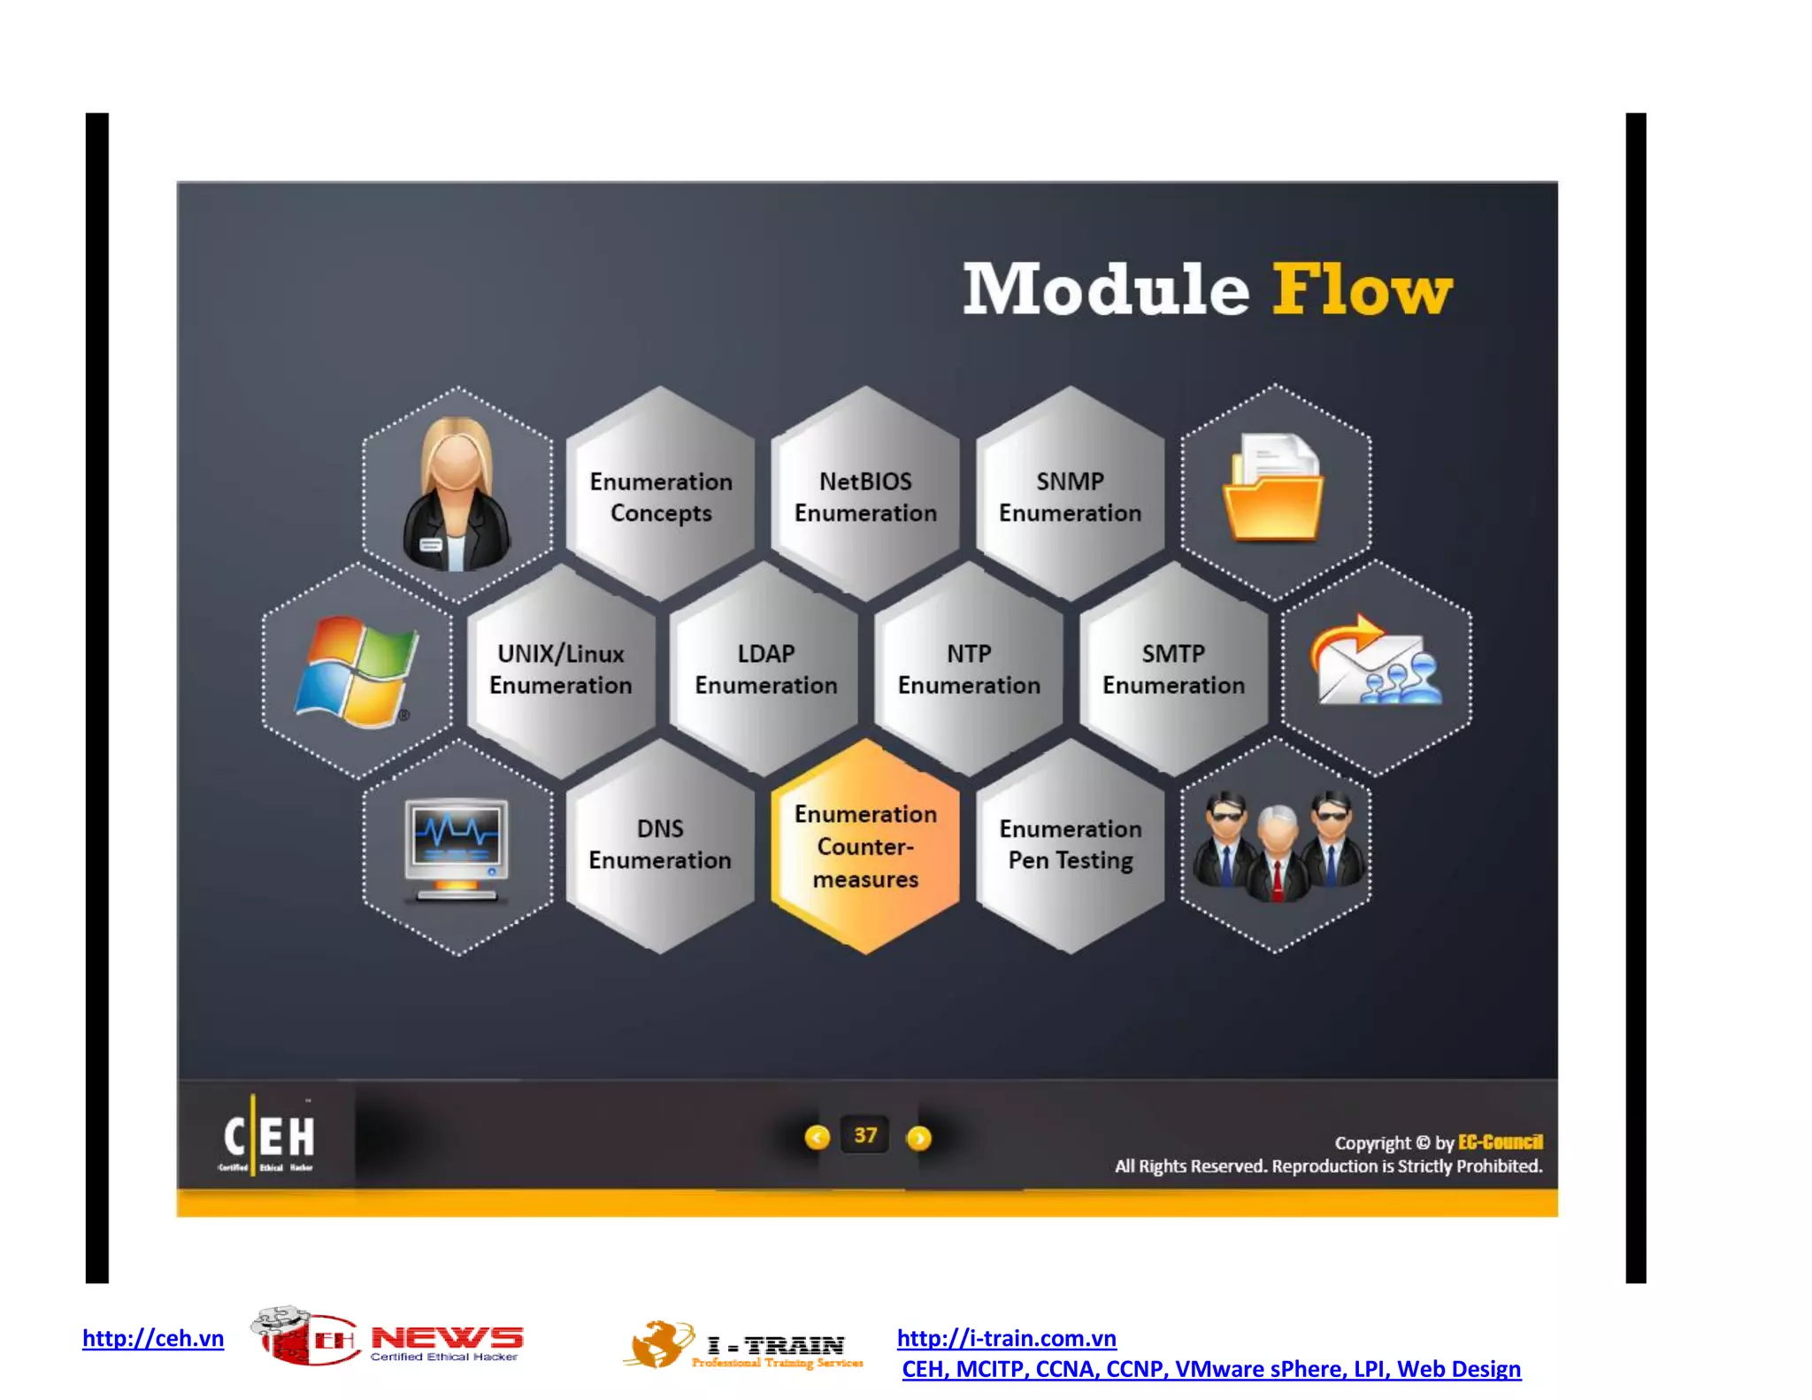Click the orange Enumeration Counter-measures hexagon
coord(865,847)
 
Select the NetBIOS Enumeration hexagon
coord(865,496)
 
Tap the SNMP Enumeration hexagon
coord(1070,496)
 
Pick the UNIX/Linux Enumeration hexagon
coord(561,669)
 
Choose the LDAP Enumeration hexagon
coord(765,669)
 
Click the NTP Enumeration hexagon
coord(969,669)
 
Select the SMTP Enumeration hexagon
coord(1173,669)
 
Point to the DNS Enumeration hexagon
coord(660,844)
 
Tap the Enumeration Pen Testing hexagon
coord(1070,844)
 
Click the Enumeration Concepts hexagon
coord(661,496)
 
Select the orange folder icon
coord(1273,488)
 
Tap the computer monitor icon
coord(457,849)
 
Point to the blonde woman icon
coord(457,496)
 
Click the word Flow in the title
coord(1361,289)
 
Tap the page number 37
coord(865,1135)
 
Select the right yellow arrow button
coord(919,1137)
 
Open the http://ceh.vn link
coord(153,1337)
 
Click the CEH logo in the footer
coord(268,1136)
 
